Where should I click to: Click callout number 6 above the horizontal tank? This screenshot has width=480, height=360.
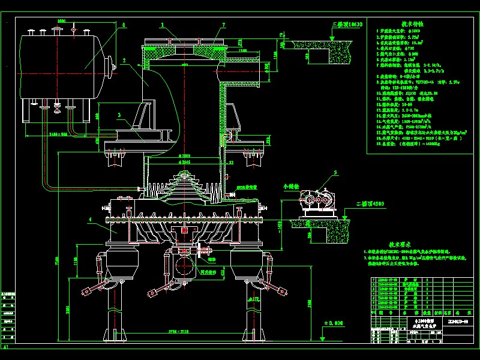coord(124,25)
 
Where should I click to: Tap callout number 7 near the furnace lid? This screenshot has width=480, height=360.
coord(223,25)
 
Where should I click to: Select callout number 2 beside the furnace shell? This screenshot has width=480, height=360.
coord(124,61)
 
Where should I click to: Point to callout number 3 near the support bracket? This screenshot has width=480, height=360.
coord(119,114)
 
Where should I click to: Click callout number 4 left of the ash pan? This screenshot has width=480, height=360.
coord(89,220)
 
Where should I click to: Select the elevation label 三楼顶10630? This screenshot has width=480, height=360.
coord(347,24)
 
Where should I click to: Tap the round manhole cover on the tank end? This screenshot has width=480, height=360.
coord(109,66)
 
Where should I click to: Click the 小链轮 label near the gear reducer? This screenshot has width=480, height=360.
coord(290,186)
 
